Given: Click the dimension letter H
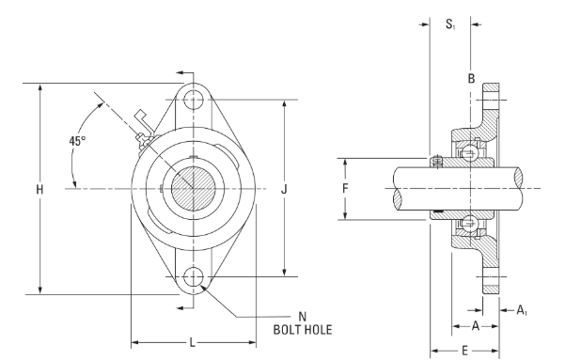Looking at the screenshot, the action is pyautogui.click(x=39, y=190).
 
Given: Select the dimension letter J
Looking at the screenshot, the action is pyautogui.click(x=284, y=190).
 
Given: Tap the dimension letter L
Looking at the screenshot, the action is pyautogui.click(x=193, y=342).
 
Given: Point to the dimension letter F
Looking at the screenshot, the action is pyautogui.click(x=345, y=189).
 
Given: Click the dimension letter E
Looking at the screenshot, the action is pyautogui.click(x=464, y=351).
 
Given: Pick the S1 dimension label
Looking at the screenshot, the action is pyautogui.click(x=450, y=24).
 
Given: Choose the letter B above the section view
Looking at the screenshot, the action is pyautogui.click(x=471, y=79).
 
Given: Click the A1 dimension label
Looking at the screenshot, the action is pyautogui.click(x=522, y=310).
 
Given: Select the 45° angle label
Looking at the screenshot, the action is pyautogui.click(x=77, y=141).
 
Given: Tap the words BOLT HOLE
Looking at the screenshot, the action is pyautogui.click(x=303, y=330).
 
